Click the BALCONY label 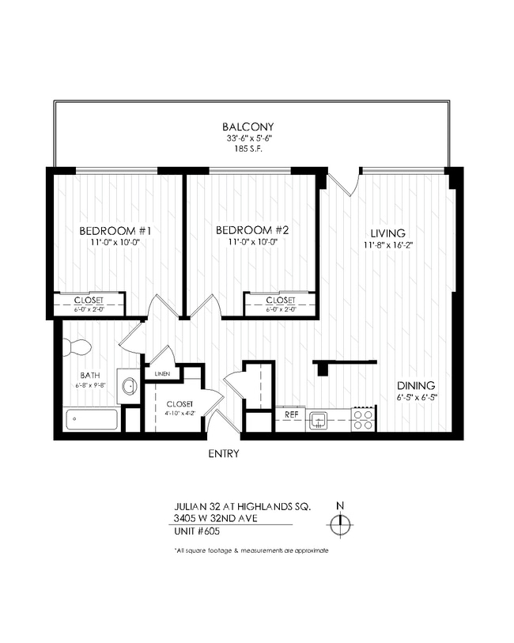click(248, 127)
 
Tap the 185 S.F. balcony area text click(248, 148)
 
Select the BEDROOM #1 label click(115, 231)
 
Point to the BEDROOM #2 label click(251, 231)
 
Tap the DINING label click(414, 386)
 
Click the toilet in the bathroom click(77, 346)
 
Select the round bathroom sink click(128, 387)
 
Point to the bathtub click(92, 418)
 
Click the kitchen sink click(318, 419)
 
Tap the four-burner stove click(363, 419)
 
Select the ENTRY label click(223, 454)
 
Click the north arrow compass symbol click(340, 523)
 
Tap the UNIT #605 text click(198, 532)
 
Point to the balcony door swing click(346, 182)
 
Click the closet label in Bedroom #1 click(88, 301)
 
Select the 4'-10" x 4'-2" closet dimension click(179, 412)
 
